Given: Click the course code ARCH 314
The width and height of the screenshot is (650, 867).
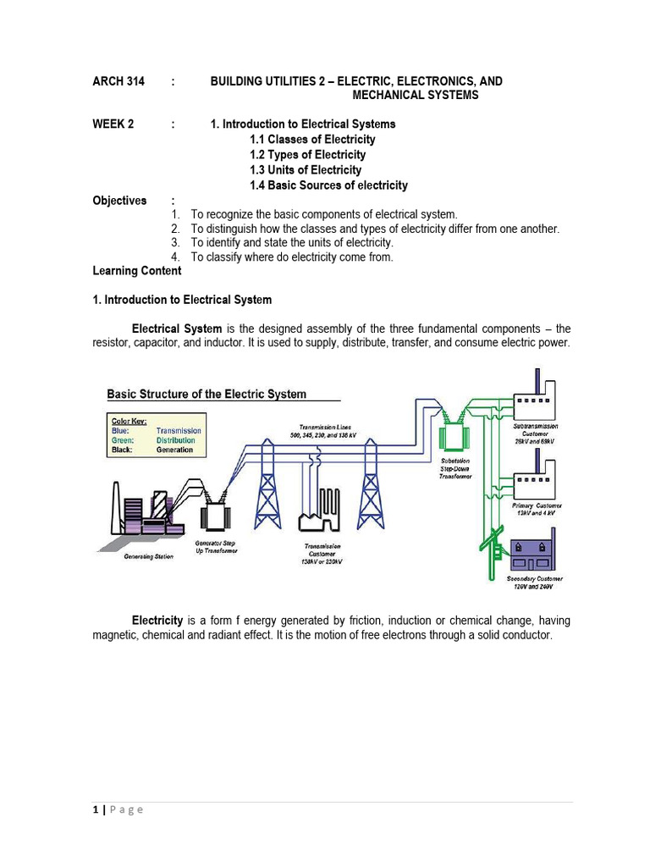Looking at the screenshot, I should point(118,81).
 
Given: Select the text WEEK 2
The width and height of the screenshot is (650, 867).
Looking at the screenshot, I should point(113,124).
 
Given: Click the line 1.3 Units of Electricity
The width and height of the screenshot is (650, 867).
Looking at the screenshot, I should point(306,169).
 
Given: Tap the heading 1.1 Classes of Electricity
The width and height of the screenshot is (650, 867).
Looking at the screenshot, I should point(312,139).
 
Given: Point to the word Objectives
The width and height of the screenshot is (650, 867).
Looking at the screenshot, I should point(118,201).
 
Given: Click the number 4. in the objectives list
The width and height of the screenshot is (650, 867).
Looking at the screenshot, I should point(175,257).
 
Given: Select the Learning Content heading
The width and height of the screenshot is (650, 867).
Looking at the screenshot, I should point(136,271).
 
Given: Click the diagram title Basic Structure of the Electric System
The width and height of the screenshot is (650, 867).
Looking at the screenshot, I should point(207,394).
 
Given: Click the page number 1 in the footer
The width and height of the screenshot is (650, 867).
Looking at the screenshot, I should point(96,809).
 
